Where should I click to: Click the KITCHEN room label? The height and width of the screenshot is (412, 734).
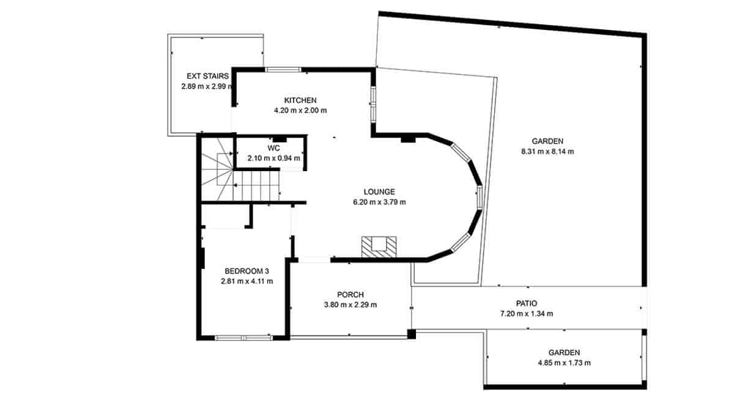tap(300, 100)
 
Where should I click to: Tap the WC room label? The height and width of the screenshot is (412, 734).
tap(273, 148)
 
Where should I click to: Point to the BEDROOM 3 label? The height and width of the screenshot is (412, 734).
tap(247, 271)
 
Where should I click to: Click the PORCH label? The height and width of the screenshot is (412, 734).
tap(350, 294)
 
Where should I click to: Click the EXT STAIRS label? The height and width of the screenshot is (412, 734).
tap(207, 76)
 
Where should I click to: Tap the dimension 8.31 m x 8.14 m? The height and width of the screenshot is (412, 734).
tap(547, 152)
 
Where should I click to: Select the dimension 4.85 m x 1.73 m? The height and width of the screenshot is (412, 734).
tap(563, 363)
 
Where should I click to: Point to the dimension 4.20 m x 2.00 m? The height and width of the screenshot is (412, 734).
tap(300, 111)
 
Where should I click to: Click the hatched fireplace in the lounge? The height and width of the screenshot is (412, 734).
tap(379, 246)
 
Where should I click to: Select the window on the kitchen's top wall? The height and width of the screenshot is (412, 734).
tap(283, 69)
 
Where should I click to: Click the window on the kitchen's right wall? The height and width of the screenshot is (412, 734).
tap(373, 101)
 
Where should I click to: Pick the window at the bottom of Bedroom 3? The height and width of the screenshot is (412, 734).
tap(243, 337)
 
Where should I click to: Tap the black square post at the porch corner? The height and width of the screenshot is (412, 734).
tap(412, 334)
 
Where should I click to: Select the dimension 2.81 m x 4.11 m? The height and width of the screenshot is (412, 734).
tap(247, 282)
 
